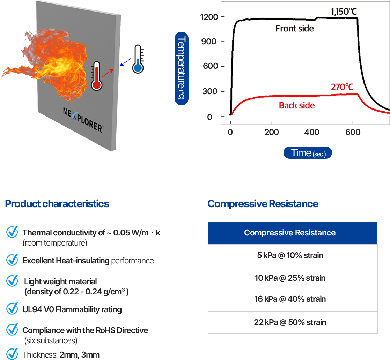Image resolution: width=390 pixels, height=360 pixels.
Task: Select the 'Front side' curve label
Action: pos(294,28)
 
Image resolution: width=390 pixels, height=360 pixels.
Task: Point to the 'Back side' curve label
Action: pos(296,105)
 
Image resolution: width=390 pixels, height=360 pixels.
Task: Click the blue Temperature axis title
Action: pos(182,68)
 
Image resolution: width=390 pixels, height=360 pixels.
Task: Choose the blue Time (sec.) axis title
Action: pos(308,153)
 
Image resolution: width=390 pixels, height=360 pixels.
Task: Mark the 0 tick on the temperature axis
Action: pos(210,117)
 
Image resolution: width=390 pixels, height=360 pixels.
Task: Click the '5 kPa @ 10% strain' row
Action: pos(290,255)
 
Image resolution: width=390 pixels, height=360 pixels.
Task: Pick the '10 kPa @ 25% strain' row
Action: pos(290,278)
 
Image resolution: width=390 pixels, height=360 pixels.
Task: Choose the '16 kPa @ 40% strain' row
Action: pos(290,299)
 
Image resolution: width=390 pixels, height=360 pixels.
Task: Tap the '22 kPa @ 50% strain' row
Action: pos(290,322)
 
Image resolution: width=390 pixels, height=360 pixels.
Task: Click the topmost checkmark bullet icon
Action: pos(12,232)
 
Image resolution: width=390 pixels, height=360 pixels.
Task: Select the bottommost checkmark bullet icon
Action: pos(12,354)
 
